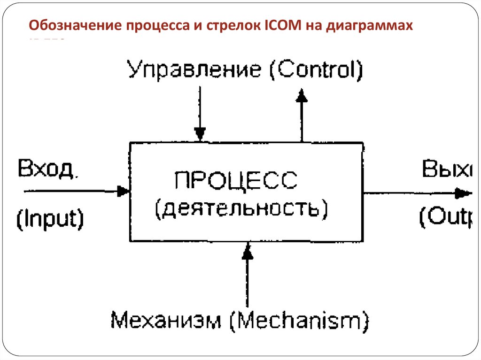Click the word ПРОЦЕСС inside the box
[x=235, y=181]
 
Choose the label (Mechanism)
[x=299, y=321]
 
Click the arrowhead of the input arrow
[x=124, y=191]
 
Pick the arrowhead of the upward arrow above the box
[x=302, y=96]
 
